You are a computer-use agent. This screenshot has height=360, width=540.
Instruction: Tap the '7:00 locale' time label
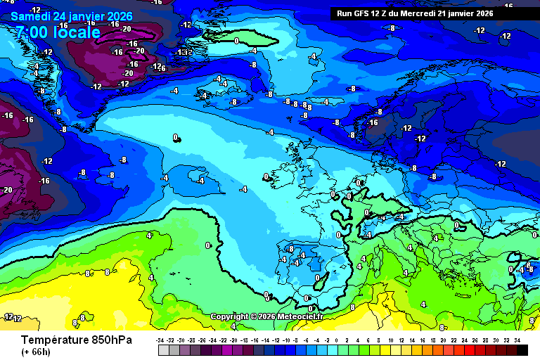click(x=53, y=32)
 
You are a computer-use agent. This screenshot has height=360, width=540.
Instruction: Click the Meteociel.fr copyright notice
click(x=267, y=316)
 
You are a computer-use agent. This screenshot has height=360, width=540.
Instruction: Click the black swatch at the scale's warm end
click(x=522, y=349)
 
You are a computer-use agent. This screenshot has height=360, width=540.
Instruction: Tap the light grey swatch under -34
click(x=163, y=349)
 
